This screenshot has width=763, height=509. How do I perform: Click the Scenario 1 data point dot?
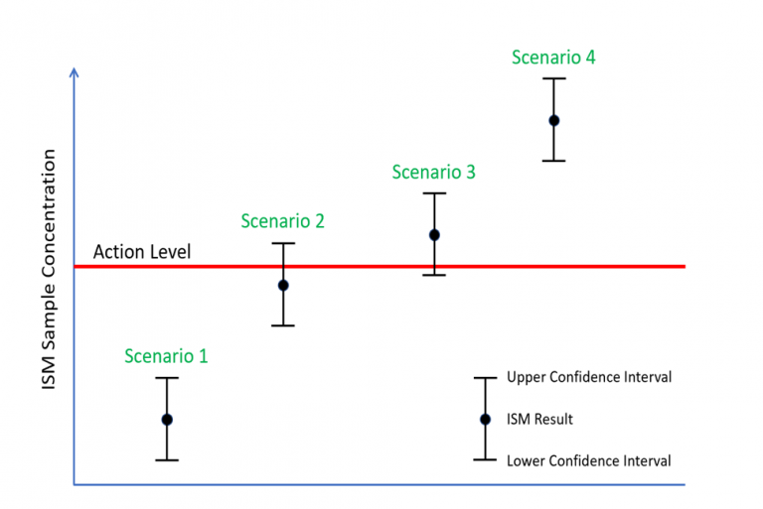coord(167,420)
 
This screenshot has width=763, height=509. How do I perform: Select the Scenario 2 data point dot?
coord(283,285)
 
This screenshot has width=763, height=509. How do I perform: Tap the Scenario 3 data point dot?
coord(434,235)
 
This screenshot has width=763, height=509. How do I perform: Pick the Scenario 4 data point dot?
coord(554,120)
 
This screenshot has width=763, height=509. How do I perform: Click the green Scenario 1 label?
coord(166,355)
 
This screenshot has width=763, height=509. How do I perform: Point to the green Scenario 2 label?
coord(282,221)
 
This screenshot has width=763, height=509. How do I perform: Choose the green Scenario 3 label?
coord(433,172)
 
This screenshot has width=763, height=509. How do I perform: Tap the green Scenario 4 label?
coord(553,58)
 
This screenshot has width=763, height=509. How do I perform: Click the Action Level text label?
coord(142,252)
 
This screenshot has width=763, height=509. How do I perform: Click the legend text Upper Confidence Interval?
coord(589,377)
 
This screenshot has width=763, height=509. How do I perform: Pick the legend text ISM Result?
coord(539,420)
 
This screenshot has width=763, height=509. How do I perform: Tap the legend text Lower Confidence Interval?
coord(588,460)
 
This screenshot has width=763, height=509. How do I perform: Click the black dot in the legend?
coord(485,420)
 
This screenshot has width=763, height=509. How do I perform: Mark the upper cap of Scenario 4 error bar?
coord(554,78)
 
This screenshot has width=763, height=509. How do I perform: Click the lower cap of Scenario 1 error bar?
coord(167,459)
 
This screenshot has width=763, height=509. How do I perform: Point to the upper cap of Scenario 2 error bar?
coord(283,243)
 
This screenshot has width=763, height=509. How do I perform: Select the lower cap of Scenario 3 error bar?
coord(434,275)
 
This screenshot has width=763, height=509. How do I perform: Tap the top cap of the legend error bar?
coord(485,377)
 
